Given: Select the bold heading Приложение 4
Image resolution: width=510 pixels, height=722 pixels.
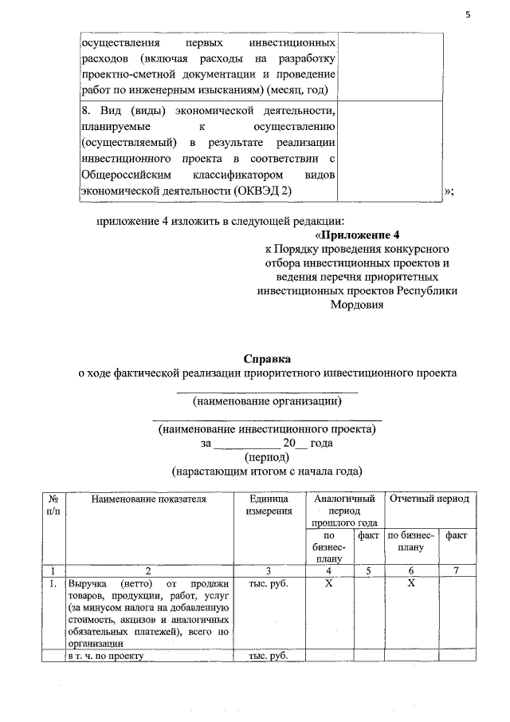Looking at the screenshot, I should [359, 235].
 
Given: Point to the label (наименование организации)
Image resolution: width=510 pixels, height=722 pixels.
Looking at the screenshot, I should [267, 400].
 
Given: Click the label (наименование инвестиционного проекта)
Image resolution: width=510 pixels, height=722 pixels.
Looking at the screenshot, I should [267, 428].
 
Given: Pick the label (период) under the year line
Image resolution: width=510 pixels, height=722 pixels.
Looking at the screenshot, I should [267, 457].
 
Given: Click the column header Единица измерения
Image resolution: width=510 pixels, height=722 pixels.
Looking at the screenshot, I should [269, 504].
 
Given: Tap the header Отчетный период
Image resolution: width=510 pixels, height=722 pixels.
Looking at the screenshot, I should [429, 499].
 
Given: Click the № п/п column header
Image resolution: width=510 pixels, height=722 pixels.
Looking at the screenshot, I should [53, 504].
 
